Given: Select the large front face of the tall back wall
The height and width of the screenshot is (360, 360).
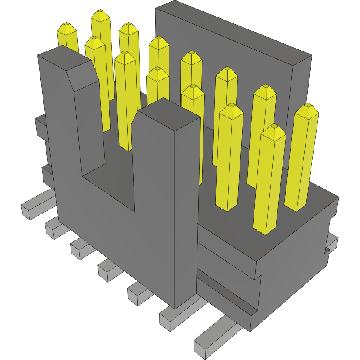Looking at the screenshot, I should coord(226,77).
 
